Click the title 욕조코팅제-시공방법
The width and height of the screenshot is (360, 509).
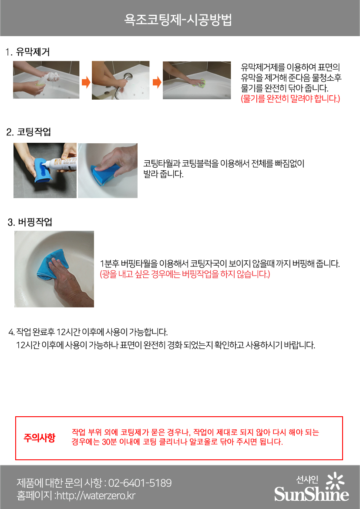tap(178, 20)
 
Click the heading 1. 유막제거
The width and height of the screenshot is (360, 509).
tap(27, 52)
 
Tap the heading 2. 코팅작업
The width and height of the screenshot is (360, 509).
tap(29, 132)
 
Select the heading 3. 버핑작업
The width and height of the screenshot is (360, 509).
tap(30, 222)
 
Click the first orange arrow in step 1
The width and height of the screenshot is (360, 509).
tap(86, 82)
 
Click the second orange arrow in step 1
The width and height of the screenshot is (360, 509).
tap(157, 82)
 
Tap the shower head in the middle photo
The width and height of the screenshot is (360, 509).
tap(128, 77)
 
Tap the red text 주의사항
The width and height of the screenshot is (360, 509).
tap(40, 438)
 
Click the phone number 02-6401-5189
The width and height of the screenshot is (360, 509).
tap(140, 483)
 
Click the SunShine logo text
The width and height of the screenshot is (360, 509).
tap(312, 494)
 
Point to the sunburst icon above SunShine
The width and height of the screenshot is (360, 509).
tap(335, 481)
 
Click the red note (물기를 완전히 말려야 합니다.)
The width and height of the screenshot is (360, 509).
tap(290, 98)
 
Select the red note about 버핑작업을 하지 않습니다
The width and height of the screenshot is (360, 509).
tap(185, 274)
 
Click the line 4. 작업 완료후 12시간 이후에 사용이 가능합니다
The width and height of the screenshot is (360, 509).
tap(88, 332)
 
